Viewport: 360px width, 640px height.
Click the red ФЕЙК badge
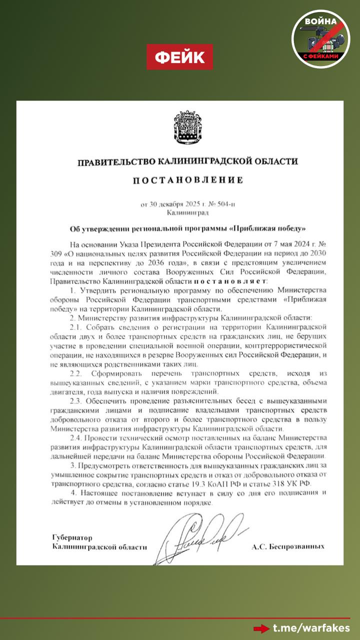(179, 57)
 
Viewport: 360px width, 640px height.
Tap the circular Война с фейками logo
(320, 39)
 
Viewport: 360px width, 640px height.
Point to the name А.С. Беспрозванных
(288, 547)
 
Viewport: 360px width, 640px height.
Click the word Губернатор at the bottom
(73, 537)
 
